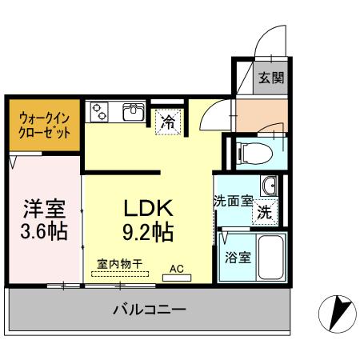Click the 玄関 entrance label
point(266,79)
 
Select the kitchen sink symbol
point(133,112)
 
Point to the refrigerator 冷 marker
point(168,122)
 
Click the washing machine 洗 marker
point(262,214)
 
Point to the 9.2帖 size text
point(149,233)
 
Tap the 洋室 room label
point(43,207)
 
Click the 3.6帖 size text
point(43,233)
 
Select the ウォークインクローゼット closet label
point(44,124)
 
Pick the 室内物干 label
point(120,263)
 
